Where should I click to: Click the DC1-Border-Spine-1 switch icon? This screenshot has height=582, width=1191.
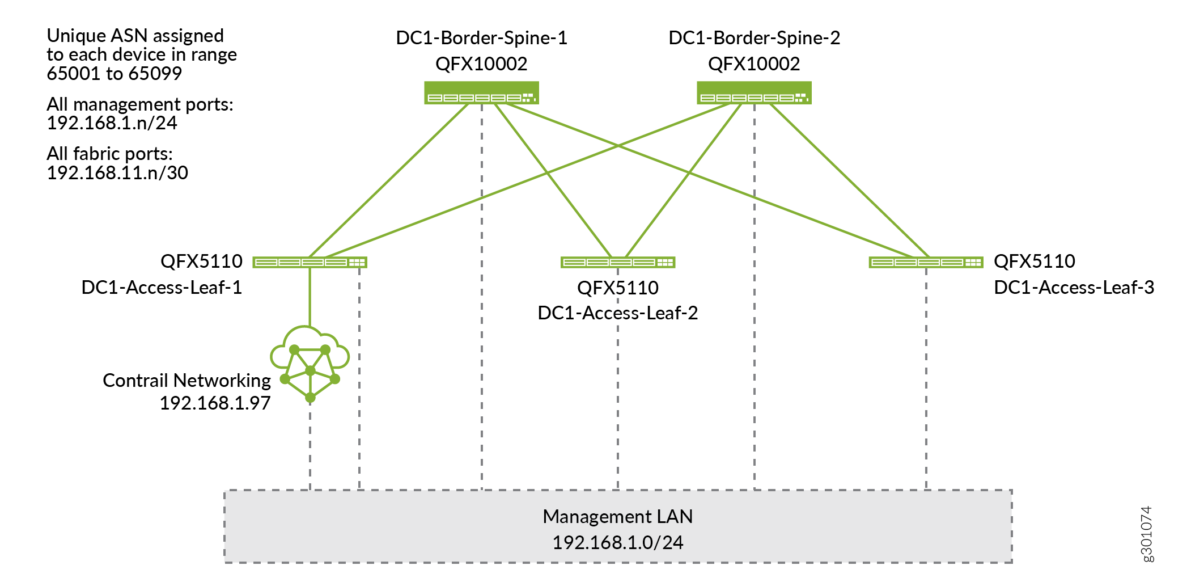click(x=481, y=93)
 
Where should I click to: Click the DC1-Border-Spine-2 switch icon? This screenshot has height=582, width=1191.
click(x=754, y=93)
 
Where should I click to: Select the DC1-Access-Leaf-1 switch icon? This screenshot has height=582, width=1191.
click(x=310, y=262)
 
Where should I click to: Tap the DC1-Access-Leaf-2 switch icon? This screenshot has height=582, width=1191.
click(x=617, y=262)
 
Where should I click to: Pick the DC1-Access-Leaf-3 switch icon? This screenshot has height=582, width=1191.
click(x=926, y=262)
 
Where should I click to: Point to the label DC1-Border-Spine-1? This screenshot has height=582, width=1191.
click(x=481, y=38)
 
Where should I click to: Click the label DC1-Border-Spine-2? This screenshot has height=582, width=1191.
click(x=754, y=38)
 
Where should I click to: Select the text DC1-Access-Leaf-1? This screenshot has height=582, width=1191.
click(x=162, y=288)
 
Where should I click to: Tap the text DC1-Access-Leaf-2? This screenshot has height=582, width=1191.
click(x=617, y=313)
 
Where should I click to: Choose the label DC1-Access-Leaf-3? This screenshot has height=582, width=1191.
click(x=1074, y=288)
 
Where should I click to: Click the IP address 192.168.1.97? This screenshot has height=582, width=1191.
click(x=215, y=403)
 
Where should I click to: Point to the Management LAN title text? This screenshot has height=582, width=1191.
click(x=617, y=517)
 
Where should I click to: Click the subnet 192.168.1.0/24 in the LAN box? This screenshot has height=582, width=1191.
click(x=617, y=543)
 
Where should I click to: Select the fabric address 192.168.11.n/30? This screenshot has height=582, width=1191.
click(x=117, y=173)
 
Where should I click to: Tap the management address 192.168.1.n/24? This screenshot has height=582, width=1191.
click(x=112, y=123)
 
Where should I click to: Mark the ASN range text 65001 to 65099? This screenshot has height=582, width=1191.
click(x=114, y=74)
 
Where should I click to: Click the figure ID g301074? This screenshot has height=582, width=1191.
click(x=1146, y=534)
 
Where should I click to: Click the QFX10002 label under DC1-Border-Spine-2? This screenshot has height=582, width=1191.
click(x=754, y=64)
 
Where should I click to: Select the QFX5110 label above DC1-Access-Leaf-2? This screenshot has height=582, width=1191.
click(x=617, y=288)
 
